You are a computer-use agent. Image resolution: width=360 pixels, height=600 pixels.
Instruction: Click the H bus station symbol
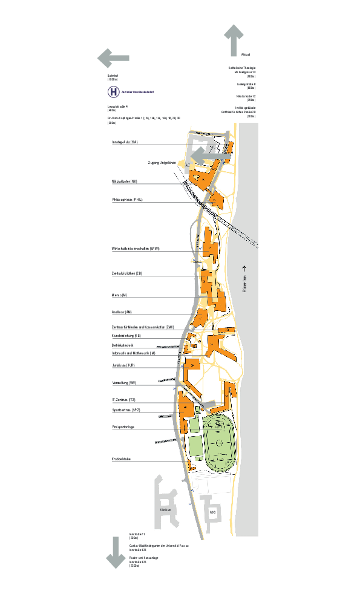(x=113, y=92)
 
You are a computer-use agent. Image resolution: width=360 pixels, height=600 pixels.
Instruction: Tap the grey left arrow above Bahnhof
(x=113, y=59)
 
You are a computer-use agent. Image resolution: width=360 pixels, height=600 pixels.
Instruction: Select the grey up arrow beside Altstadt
(x=233, y=40)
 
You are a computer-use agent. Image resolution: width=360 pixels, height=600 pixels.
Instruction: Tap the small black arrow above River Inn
(x=245, y=268)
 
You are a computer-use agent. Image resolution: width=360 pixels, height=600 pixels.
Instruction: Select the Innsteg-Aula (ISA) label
(x=125, y=142)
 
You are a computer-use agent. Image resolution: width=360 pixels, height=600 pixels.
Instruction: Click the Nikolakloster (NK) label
(x=125, y=181)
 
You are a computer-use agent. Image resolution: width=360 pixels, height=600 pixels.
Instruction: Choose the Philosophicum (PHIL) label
(x=127, y=199)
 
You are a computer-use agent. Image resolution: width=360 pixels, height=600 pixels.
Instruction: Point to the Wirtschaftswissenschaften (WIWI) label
(x=135, y=249)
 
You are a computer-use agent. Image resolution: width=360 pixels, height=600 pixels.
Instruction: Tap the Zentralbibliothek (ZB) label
(x=127, y=273)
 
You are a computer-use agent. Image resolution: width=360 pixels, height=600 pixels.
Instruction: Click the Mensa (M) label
(x=119, y=295)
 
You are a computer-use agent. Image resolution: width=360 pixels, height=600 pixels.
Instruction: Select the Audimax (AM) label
(x=122, y=312)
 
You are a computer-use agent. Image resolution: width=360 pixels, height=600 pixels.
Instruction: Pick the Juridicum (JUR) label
(x=123, y=365)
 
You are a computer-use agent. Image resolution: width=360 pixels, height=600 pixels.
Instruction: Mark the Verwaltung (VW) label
(x=124, y=383)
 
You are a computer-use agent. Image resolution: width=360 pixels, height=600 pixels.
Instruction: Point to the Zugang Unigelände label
(x=162, y=163)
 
